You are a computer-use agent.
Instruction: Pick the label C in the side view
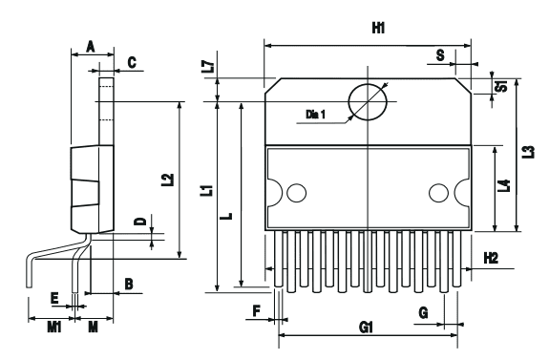point(132,62)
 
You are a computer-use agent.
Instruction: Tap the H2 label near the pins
point(492,258)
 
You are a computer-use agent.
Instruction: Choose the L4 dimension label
point(504,187)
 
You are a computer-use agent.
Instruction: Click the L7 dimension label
point(209,68)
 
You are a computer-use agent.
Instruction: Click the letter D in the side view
point(139,222)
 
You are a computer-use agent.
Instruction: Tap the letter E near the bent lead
point(54,299)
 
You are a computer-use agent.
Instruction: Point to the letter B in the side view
point(128,284)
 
